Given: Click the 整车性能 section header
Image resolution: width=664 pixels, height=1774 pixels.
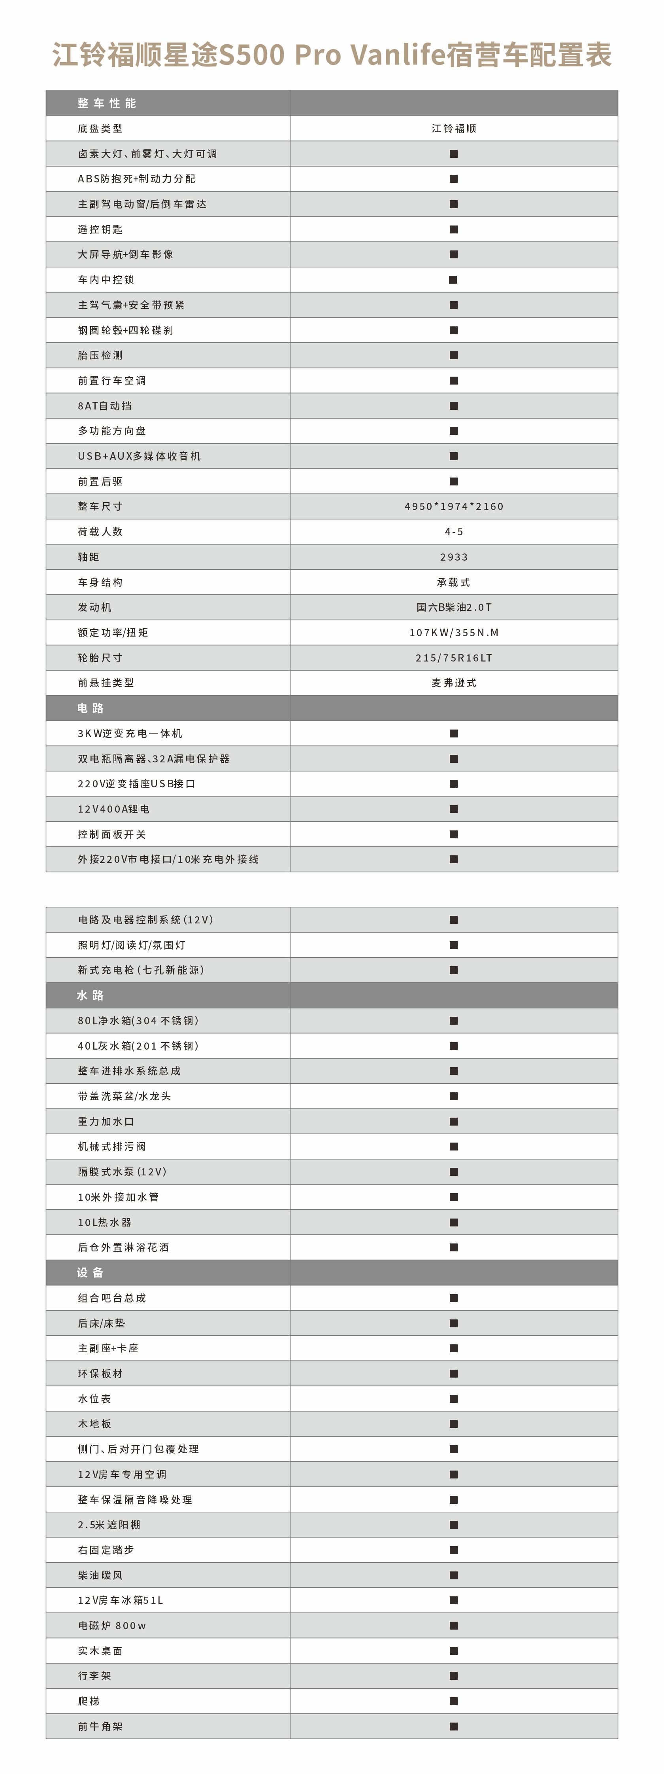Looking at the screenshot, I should coord(107,103).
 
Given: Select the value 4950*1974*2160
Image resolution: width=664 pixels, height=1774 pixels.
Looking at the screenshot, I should coord(453,506).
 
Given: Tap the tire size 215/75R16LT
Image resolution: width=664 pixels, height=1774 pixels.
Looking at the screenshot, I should coord(453,658).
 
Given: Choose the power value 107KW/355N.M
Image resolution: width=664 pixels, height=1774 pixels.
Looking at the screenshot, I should coord(453,632).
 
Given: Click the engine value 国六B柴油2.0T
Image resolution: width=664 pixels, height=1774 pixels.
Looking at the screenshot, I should coord(453,607).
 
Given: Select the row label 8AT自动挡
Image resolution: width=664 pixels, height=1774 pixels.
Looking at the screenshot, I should coord(105,406).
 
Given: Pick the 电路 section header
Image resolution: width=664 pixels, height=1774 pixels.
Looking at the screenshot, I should coord(90,708).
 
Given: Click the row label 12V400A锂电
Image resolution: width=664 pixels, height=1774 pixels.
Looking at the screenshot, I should coord(113,809).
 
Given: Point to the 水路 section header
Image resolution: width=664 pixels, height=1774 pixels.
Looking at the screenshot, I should coord(90,995).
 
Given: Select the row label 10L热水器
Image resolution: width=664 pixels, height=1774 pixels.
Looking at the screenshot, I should coord(105,1222).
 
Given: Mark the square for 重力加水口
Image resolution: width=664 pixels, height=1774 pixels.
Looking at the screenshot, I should coord(453,1121).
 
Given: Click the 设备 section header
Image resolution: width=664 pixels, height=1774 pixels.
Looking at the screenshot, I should coord(90,1273).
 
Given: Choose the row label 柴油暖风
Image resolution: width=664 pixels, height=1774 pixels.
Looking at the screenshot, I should coord(100,1575).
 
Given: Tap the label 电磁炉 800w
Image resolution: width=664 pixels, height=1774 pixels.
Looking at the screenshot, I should coord(111,1625).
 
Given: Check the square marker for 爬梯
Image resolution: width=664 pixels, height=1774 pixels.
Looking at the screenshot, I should coord(453,1701).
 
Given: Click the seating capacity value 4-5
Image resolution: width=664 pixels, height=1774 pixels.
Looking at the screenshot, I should coord(453,532).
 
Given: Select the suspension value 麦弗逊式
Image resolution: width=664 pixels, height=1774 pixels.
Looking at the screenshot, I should coord(453,682).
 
